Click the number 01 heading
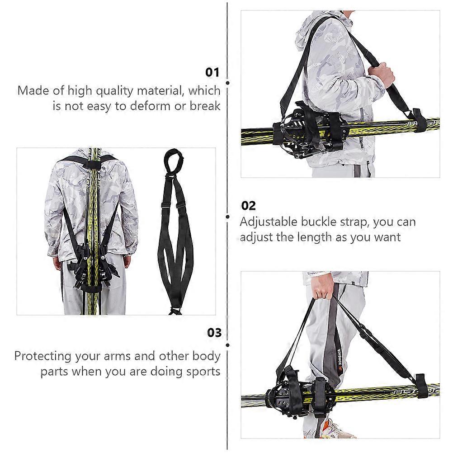pos(212,72)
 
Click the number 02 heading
pos(249,206)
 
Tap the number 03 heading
pos(214,333)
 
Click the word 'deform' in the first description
pos(150,106)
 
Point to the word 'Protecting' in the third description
pos(43,356)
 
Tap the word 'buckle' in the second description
pos(319,222)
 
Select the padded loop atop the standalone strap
pos(174,160)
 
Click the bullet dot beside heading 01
pos(228,83)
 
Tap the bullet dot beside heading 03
pos(228,345)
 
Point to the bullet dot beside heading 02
pos(228,217)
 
